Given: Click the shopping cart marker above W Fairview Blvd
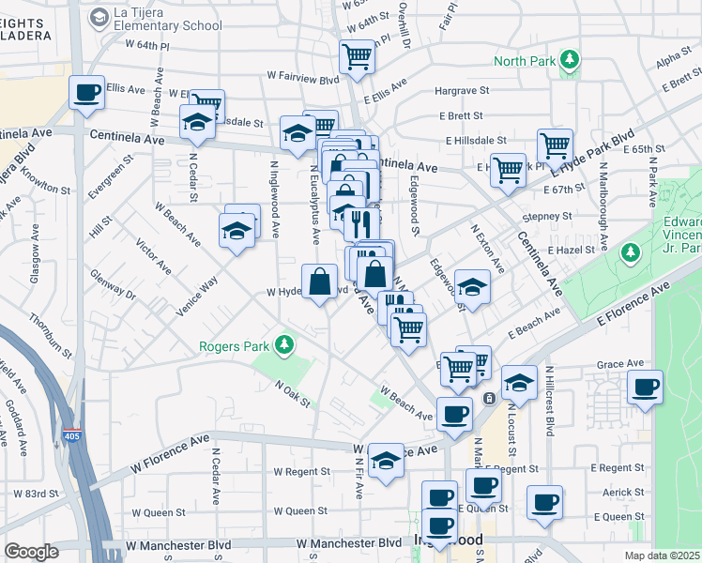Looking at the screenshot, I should point(357,57).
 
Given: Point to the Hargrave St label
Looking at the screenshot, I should point(464,92).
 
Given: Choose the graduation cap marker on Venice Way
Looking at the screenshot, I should point(237,231).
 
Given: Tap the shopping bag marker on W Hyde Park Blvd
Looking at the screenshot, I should point(319,281).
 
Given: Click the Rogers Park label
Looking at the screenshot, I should point(234,345).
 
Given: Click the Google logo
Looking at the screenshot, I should point(31,551).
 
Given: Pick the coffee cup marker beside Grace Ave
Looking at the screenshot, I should point(645,387).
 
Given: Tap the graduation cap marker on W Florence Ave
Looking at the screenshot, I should point(386,460).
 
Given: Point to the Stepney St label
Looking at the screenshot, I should point(548,216).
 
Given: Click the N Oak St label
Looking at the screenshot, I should point(293,392).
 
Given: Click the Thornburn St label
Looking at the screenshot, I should point(51,336).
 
